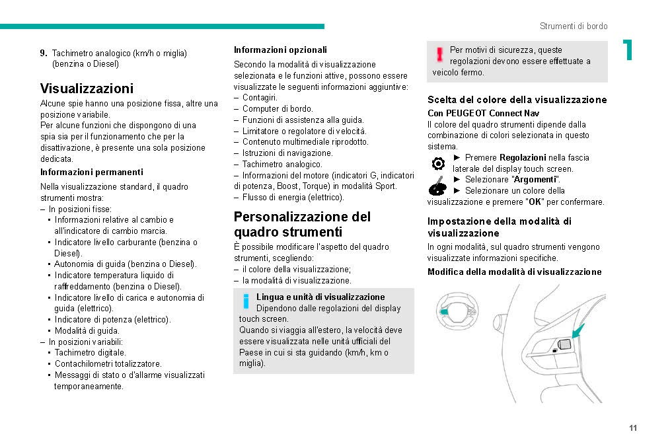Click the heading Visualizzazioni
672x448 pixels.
(x=87, y=89)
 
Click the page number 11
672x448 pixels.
(x=633, y=428)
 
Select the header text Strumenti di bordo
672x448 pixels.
(x=573, y=26)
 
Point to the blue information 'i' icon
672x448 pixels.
(x=246, y=301)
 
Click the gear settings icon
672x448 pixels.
(x=437, y=163)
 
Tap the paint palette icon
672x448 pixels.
(x=437, y=185)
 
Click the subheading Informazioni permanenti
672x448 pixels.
(x=91, y=172)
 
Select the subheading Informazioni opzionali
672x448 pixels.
(x=280, y=50)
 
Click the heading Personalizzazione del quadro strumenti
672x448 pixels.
(x=302, y=224)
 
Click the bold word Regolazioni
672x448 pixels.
(x=523, y=158)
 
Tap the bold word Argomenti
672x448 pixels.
(x=535, y=180)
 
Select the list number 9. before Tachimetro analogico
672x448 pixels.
(x=44, y=53)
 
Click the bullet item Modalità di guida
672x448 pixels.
(x=87, y=330)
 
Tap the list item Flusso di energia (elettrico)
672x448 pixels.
(x=293, y=197)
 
